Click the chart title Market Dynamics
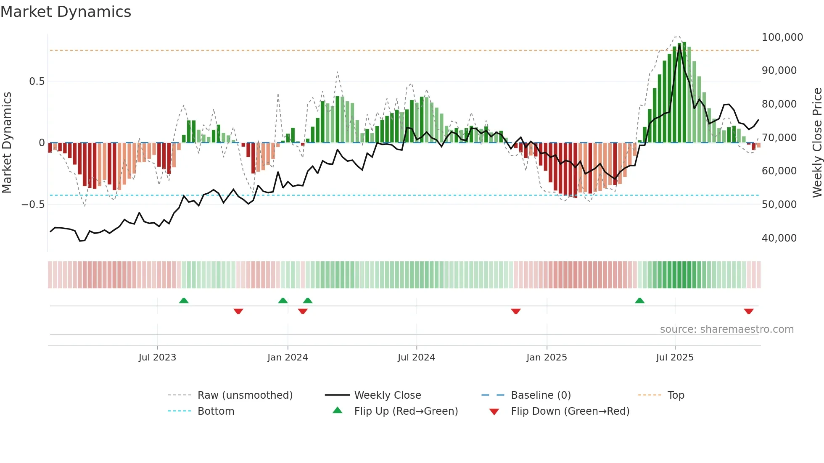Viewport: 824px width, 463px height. pyautogui.click(x=66, y=12)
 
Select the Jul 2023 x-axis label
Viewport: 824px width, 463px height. pyautogui.click(x=157, y=358)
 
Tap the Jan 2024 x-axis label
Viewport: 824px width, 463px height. pyautogui.click(x=288, y=358)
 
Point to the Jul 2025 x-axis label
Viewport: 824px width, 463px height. pyautogui.click(x=675, y=358)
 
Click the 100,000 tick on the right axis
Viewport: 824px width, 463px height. pyautogui.click(x=782, y=37)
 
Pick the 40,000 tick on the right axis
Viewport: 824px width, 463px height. pyautogui.click(x=779, y=238)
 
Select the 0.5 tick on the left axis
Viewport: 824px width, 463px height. pyautogui.click(x=37, y=82)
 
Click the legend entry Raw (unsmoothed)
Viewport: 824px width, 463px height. pyautogui.click(x=245, y=395)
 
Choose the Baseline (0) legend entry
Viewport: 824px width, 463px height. pyautogui.click(x=541, y=395)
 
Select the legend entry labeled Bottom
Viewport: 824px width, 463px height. pyautogui.click(x=216, y=411)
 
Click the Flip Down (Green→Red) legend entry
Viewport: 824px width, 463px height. pyautogui.click(x=570, y=411)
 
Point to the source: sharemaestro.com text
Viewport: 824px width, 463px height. pyautogui.click(x=726, y=329)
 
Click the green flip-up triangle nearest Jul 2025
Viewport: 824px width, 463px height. pyautogui.click(x=639, y=300)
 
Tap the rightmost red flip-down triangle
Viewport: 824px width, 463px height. pyautogui.click(x=748, y=311)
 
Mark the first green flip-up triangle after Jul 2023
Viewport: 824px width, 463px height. pyautogui.click(x=184, y=300)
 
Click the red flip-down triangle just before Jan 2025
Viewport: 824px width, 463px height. pyautogui.click(x=516, y=311)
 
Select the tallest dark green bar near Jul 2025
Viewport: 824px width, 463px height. pyautogui.click(x=684, y=92)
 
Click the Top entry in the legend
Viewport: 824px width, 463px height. pyautogui.click(x=676, y=395)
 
